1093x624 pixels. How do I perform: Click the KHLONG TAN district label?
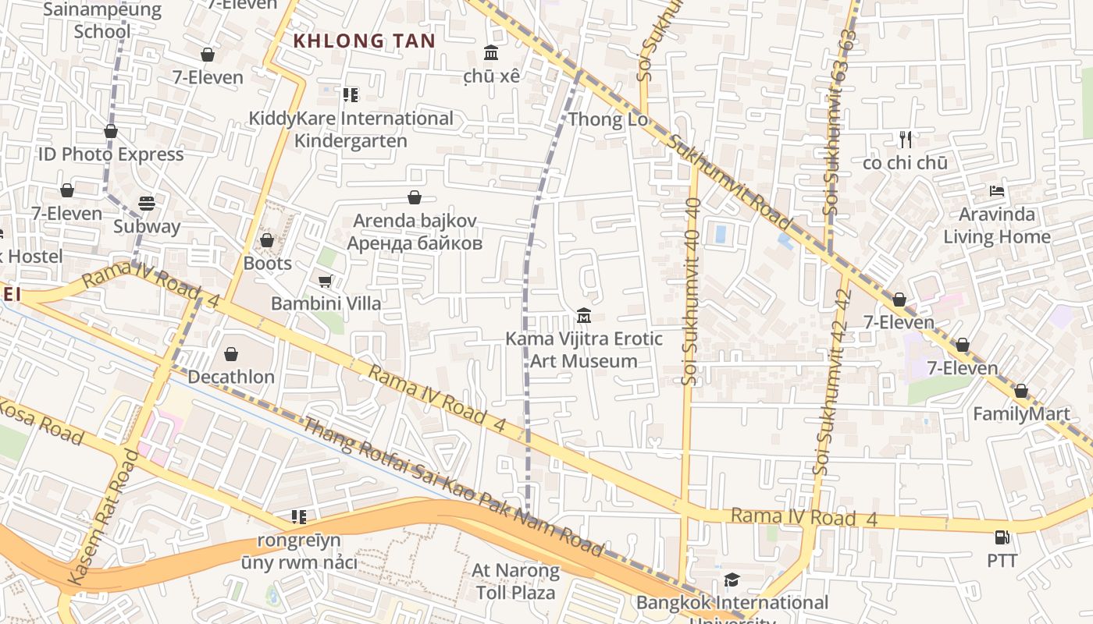pyautogui.click(x=364, y=41)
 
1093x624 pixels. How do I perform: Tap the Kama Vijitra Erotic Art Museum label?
pyautogui.click(x=584, y=349)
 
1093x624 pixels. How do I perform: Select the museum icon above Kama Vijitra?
pyautogui.click(x=583, y=316)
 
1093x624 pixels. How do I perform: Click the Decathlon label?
pyautogui.click(x=231, y=377)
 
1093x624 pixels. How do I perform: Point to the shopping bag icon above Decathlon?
pyautogui.click(x=231, y=355)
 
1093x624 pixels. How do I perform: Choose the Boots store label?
pyautogui.click(x=267, y=263)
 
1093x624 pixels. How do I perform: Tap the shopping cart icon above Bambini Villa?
pyautogui.click(x=326, y=281)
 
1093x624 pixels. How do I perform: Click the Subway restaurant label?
pyautogui.click(x=147, y=227)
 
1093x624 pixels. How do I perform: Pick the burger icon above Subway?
pyautogui.click(x=147, y=204)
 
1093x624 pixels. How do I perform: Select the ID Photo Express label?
pyautogui.click(x=111, y=154)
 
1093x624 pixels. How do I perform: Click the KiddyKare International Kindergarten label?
pyautogui.click(x=351, y=129)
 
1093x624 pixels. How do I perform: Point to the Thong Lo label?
pyautogui.click(x=608, y=119)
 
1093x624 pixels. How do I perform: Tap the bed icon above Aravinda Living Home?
pyautogui.click(x=996, y=191)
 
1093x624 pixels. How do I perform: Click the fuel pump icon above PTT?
pyautogui.click(x=1002, y=537)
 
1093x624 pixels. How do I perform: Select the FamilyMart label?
pyautogui.click(x=1021, y=414)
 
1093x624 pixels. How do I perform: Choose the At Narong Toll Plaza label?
pyautogui.click(x=515, y=581)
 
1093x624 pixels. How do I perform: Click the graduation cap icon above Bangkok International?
pyautogui.click(x=732, y=580)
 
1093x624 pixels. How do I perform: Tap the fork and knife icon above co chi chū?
pyautogui.click(x=906, y=140)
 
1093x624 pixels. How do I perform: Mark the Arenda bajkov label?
pyautogui.click(x=415, y=232)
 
